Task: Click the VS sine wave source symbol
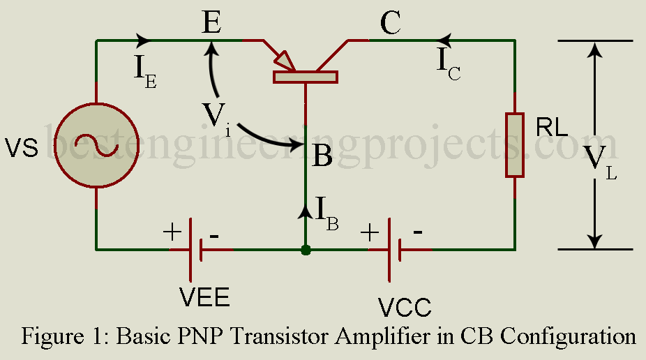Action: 96,149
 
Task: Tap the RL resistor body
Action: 514,144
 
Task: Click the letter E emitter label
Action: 211,25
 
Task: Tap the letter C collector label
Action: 391,25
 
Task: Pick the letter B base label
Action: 322,156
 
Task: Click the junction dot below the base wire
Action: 306,249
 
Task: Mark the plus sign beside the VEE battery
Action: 172,232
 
